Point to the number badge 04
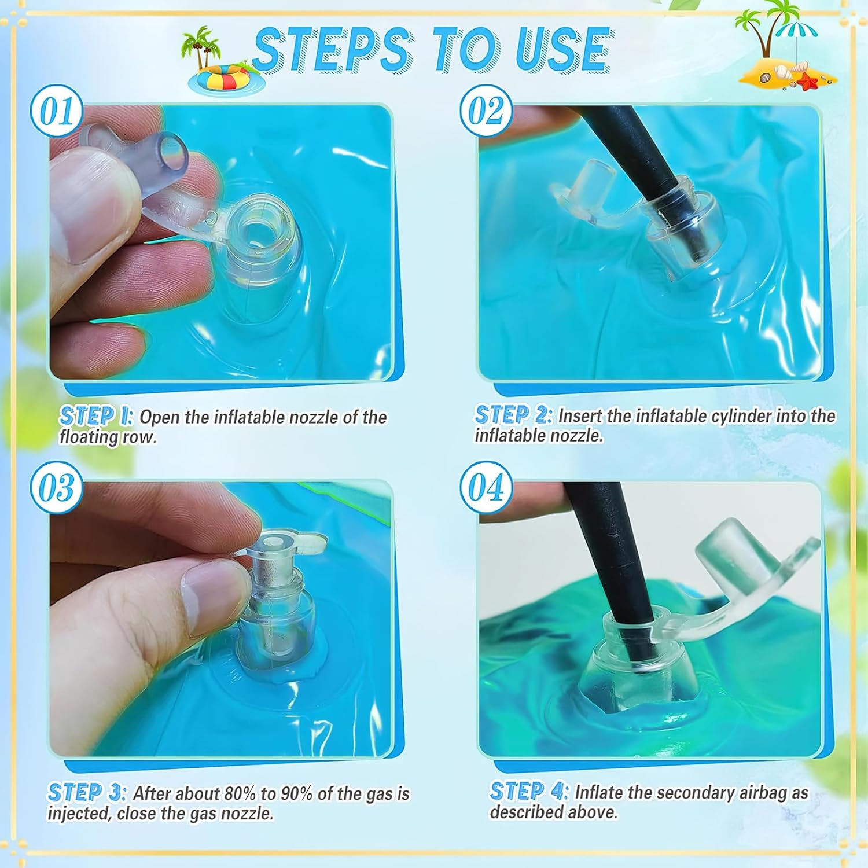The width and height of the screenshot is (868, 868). click(x=486, y=487)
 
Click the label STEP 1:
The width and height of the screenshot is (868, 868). click(x=96, y=416)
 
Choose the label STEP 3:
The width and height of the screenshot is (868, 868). click(x=86, y=793)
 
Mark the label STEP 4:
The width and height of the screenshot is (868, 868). click(x=529, y=791)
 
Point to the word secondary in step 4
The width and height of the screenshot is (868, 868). click(x=697, y=793)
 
